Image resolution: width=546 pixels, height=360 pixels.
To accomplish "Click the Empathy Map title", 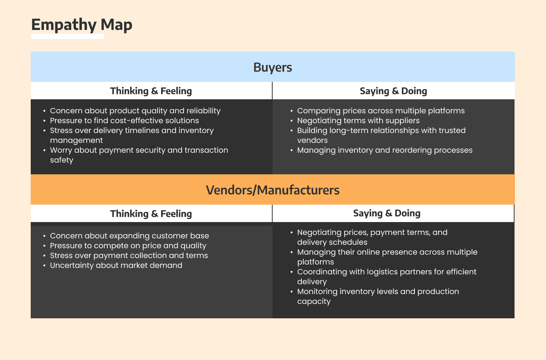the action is pos(82,25).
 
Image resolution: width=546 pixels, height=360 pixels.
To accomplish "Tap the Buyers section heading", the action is pos(273,67).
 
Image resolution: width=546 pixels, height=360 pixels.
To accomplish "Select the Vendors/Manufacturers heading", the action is pos(273,190).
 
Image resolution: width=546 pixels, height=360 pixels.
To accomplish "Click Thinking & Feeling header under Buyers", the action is pos(151,91).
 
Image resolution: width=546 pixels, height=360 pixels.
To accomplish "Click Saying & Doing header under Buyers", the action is pos(394,91).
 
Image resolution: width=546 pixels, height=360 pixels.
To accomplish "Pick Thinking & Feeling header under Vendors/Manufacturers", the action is pos(151,214).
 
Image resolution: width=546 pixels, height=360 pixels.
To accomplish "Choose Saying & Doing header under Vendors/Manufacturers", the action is pos(387,213).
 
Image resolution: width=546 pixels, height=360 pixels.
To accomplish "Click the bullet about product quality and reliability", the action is pos(135,111).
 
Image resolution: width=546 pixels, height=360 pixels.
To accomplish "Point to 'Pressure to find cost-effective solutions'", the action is pos(124,121).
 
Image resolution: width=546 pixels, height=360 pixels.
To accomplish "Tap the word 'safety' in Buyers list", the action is pos(62,160).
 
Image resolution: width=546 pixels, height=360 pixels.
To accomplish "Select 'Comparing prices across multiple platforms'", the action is pos(381,111).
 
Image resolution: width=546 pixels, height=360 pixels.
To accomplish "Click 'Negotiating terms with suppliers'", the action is pos(358,121).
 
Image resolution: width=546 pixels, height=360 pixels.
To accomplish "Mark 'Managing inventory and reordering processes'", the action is pos(384,150).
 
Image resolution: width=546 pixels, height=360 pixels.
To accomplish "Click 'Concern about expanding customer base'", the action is pos(129,236).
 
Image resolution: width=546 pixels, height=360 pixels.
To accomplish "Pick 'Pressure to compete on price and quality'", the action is pos(128,246).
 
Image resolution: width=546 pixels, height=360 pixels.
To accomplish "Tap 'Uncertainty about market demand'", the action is pos(116,265).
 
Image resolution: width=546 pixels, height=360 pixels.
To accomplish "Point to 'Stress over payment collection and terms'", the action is pos(129,255).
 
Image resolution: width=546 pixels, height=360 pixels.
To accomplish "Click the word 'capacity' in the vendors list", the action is pos(314,302).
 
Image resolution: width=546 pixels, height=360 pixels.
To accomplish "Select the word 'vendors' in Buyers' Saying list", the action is pos(312,140).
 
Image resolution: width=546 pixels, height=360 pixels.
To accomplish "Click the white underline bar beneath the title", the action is pos(68,36).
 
